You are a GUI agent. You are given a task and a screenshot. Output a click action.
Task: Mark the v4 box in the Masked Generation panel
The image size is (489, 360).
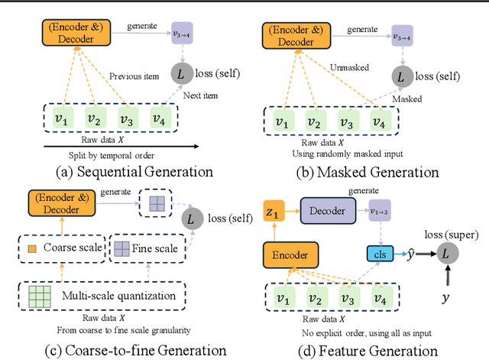(x=380, y=122)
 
